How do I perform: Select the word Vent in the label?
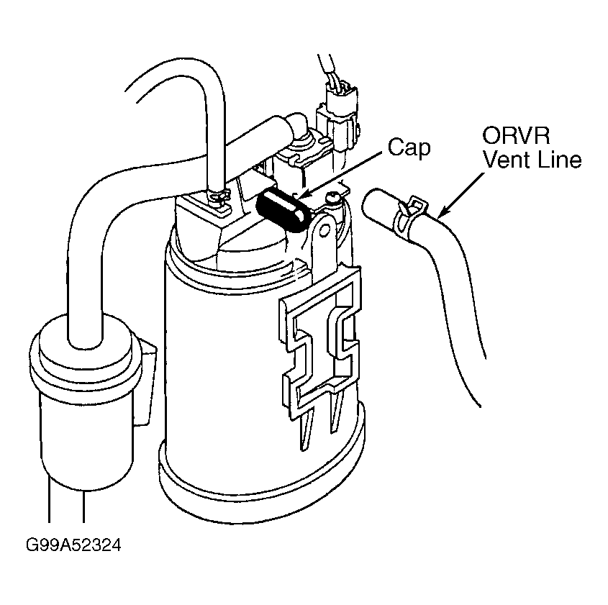[x=504, y=159]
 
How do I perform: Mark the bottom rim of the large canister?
[x=266, y=496]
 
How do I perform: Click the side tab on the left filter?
[x=148, y=381]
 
